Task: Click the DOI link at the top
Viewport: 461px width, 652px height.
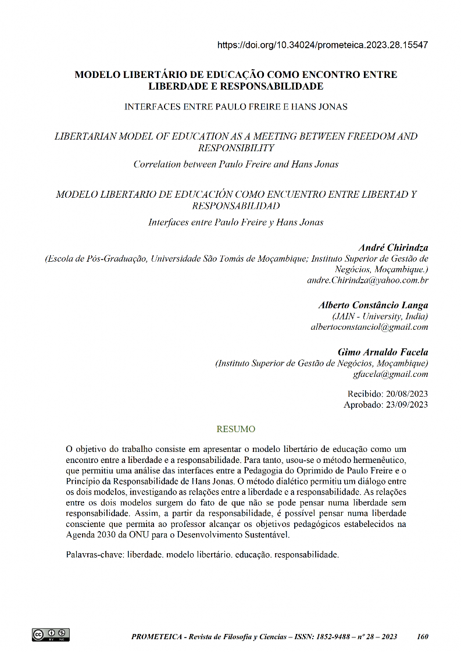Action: [x=323, y=45]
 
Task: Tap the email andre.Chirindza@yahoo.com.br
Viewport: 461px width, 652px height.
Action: [x=367, y=280]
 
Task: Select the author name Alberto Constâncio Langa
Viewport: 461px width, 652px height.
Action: [x=373, y=305]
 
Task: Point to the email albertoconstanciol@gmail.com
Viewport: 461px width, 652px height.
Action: [x=370, y=327]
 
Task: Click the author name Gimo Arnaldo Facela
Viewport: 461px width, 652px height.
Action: [x=383, y=352]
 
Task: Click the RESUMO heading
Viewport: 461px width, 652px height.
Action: [x=235, y=429]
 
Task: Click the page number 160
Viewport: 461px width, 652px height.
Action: [x=423, y=637]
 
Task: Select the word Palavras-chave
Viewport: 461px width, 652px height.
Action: [x=94, y=555]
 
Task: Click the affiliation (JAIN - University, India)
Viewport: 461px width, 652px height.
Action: [x=380, y=316]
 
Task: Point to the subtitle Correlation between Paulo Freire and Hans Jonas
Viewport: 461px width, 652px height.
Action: [x=235, y=164]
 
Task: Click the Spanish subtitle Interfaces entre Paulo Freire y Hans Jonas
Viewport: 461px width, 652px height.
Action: [x=235, y=222]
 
